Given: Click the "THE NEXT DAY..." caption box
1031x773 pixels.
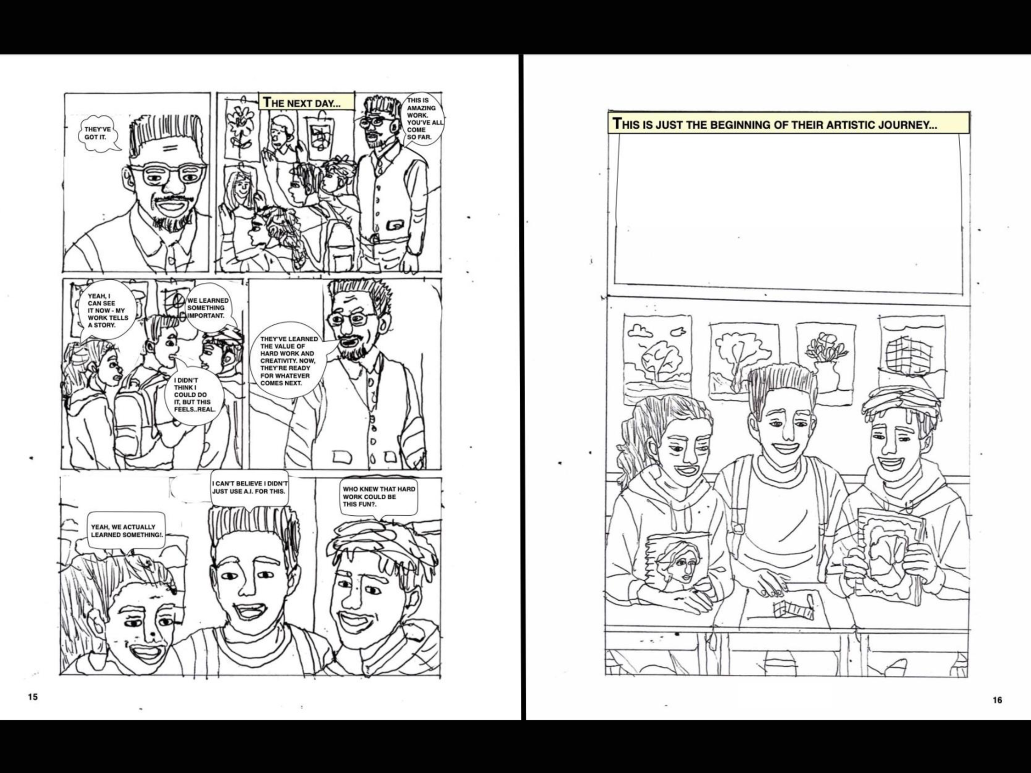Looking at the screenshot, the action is click(307, 102).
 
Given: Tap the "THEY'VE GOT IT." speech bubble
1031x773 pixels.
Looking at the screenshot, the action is click(98, 133).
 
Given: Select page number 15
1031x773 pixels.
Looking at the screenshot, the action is click(33, 697).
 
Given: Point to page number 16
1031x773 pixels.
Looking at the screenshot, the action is click(997, 700).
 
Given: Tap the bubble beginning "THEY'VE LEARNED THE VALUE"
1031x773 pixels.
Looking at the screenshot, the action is click(289, 361).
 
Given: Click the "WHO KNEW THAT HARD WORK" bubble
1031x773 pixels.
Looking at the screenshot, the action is click(379, 497).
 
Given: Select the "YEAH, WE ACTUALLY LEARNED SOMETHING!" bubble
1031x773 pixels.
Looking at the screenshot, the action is click(127, 530).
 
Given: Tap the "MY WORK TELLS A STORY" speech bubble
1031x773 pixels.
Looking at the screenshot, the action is click(108, 310).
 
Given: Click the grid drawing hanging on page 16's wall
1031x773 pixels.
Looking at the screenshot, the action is click(912, 354).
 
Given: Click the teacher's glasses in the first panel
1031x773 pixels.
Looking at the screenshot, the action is click(167, 174).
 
